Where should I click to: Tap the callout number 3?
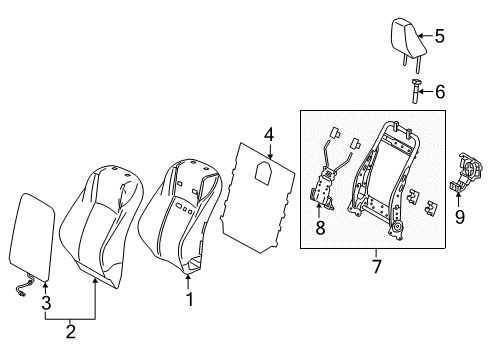coord(44,303)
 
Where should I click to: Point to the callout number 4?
coord(269,134)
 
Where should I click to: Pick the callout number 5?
coord(437,39)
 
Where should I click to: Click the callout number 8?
coord(320,228)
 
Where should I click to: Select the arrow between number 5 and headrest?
coord(422,38)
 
